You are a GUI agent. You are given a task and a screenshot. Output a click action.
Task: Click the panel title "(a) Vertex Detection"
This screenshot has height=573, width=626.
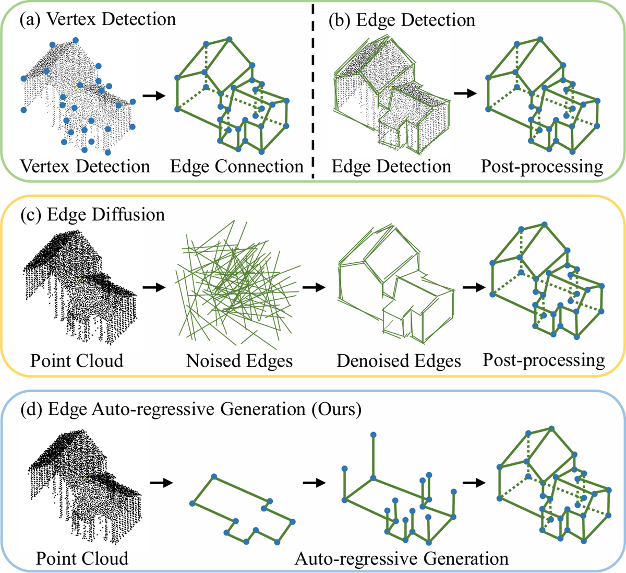(98, 19)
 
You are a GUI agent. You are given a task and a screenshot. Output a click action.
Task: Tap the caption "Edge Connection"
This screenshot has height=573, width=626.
(237, 167)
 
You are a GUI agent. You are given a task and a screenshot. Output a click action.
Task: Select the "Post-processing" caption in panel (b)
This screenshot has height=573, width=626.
(542, 167)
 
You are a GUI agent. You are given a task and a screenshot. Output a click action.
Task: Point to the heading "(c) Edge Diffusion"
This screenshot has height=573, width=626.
(92, 215)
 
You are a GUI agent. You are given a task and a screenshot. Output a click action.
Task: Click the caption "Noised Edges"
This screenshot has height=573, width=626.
(239, 361)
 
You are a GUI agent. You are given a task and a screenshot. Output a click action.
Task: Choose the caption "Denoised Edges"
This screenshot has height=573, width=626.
(399, 361)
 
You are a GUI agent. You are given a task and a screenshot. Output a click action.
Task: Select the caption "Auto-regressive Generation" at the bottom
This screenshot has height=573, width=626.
(401, 559)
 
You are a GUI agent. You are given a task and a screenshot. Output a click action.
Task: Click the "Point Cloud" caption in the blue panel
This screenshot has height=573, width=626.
(82, 558)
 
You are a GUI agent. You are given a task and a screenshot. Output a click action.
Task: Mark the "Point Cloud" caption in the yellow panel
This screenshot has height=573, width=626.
(77, 361)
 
